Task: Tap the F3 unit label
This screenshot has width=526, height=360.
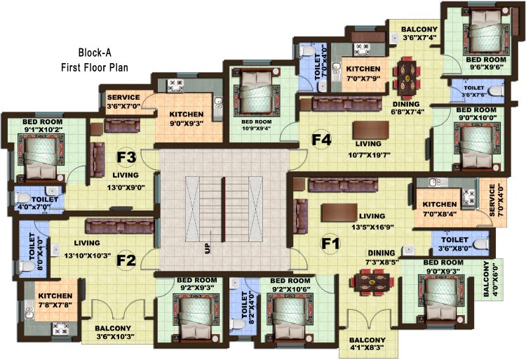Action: point(126,156)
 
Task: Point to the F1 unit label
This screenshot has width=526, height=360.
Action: point(330,245)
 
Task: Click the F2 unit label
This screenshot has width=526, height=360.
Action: point(126,260)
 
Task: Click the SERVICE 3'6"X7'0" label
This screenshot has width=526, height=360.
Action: point(123,101)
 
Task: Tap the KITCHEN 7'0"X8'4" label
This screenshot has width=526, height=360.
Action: point(440,208)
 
